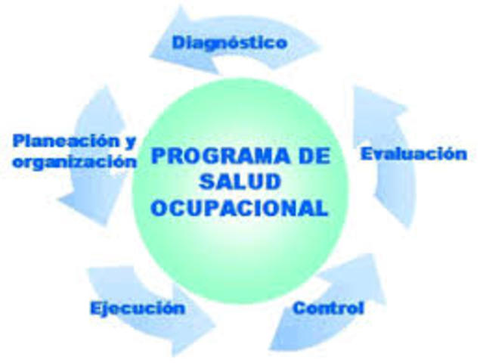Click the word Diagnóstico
(229, 42)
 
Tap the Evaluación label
(412, 154)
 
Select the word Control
(328, 309)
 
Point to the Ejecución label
(137, 309)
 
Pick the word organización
(74, 162)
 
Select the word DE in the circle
(307, 157)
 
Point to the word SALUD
(240, 182)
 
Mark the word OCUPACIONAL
(240, 207)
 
